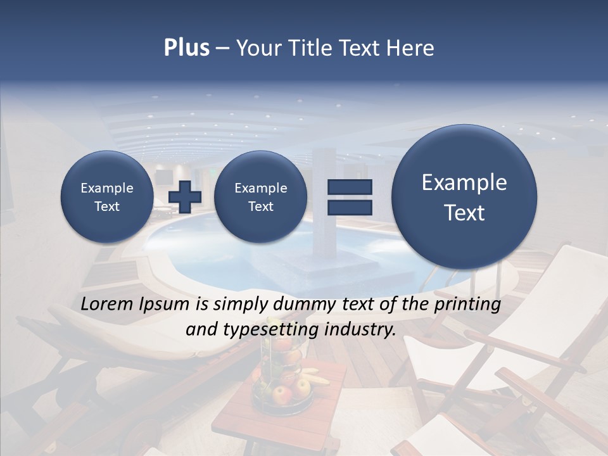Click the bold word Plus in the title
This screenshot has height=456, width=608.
point(186,48)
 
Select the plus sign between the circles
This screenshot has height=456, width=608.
point(185,197)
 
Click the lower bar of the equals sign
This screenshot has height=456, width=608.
point(350,208)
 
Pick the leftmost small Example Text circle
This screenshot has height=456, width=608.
point(107,197)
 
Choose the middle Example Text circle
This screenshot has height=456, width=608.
point(260,197)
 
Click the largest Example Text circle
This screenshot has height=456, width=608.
point(464,197)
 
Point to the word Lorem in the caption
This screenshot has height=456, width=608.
point(108,305)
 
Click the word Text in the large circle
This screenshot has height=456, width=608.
point(464,213)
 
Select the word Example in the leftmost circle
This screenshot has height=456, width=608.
point(107,188)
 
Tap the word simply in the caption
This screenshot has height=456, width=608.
point(239,305)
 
